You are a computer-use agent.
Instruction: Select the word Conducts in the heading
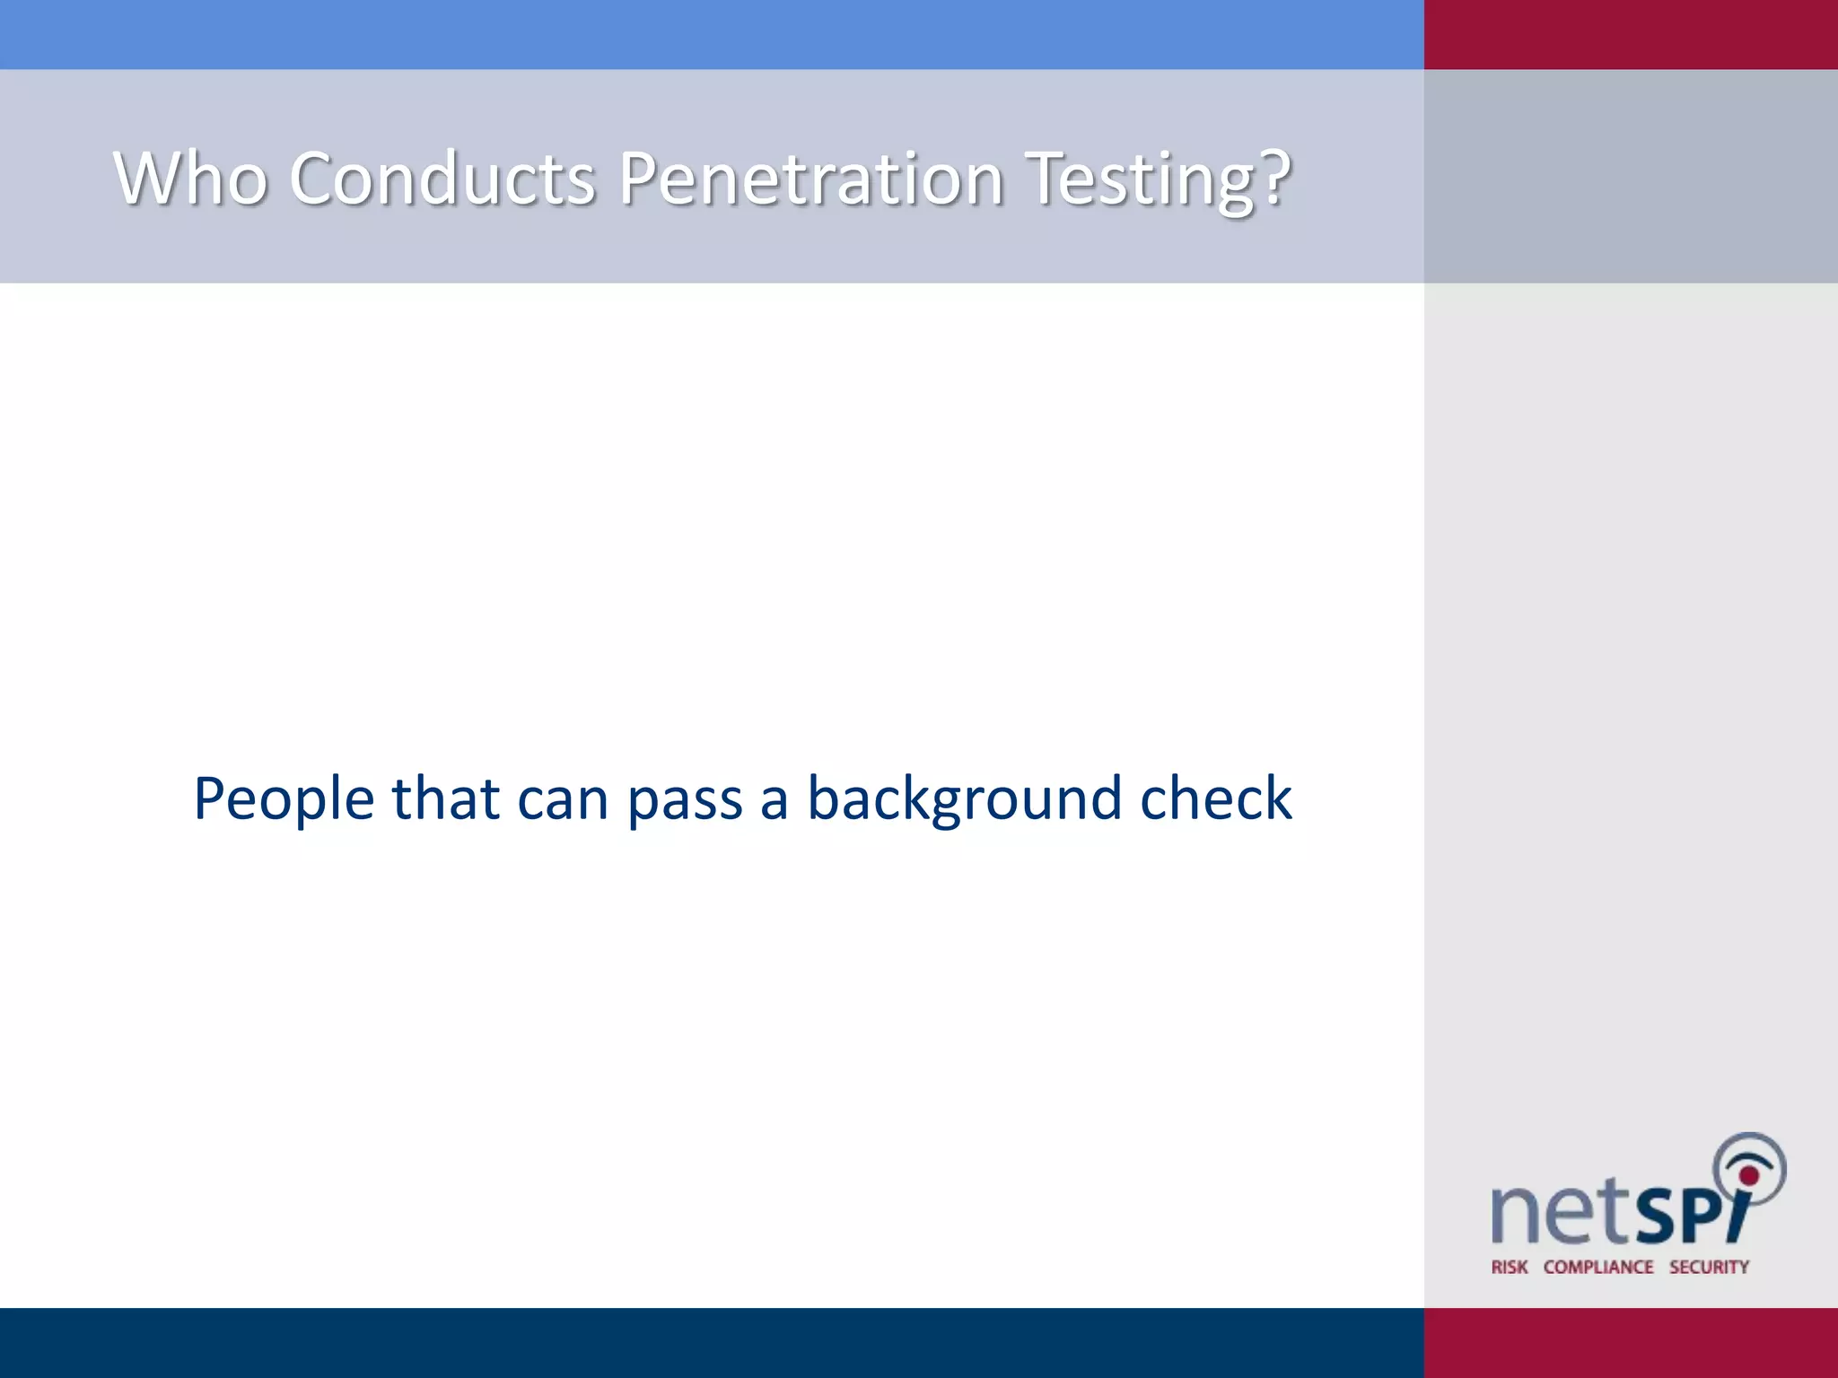point(442,179)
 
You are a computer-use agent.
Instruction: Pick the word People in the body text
point(284,799)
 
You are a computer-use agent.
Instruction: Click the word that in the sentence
point(445,798)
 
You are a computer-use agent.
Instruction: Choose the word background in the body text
point(965,799)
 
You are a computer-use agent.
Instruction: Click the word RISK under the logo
point(1510,1267)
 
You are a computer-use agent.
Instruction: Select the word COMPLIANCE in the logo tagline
point(1598,1267)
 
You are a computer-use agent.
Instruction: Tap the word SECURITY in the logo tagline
point(1709,1267)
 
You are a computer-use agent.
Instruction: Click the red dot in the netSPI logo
point(1748,1175)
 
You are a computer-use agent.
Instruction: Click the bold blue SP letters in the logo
point(1678,1217)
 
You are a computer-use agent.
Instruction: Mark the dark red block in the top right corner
point(1631,34)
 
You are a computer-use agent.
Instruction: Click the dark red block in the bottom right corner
point(1631,1342)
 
